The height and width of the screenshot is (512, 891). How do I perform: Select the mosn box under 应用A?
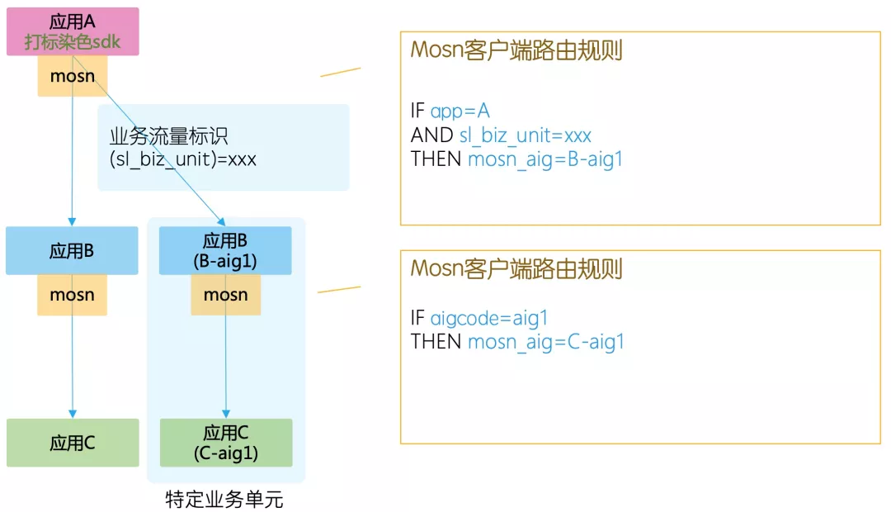(x=73, y=77)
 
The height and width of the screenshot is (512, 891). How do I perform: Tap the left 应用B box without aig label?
(x=73, y=251)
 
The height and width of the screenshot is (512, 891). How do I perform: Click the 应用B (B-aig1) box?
(x=225, y=250)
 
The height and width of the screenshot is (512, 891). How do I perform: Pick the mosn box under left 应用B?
(x=73, y=295)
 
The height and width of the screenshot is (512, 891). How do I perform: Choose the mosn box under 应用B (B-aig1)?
(x=225, y=295)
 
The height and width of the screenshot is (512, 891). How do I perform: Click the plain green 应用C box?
(x=73, y=443)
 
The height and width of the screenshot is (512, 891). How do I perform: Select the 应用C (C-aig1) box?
(x=225, y=443)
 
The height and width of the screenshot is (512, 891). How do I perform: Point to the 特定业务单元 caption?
(x=224, y=500)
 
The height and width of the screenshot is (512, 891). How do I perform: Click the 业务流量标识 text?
(x=168, y=136)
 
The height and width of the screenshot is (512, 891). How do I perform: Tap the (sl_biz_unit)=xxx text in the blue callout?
(x=182, y=159)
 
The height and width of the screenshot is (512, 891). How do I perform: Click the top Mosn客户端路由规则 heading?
(x=516, y=50)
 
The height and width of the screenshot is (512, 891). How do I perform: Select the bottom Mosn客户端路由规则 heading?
(x=516, y=268)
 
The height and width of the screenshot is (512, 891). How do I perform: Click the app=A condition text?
(x=460, y=111)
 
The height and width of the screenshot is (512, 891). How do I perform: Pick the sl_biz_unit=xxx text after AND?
(x=526, y=135)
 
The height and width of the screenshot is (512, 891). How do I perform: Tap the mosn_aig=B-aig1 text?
(x=545, y=159)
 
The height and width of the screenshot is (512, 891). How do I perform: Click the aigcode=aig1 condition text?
(x=489, y=318)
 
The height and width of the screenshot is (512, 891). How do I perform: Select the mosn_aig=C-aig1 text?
(x=546, y=342)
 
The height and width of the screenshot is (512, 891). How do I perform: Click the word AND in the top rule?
(x=431, y=135)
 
